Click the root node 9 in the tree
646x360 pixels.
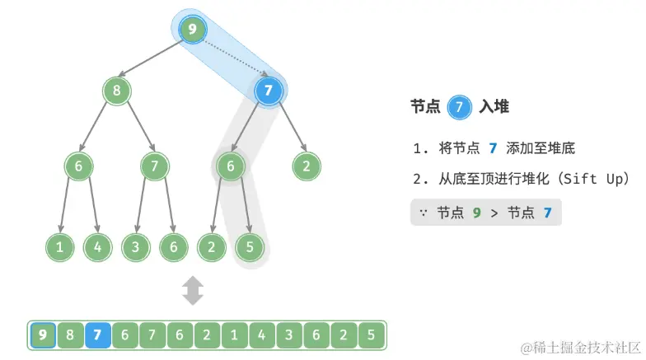(x=193, y=30)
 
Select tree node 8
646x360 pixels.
(x=117, y=90)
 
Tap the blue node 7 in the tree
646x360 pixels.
(x=269, y=90)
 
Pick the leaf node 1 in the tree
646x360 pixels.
(x=59, y=245)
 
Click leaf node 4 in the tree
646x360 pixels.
(x=97, y=245)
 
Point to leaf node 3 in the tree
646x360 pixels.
(x=135, y=245)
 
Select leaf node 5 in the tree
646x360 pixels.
(x=249, y=245)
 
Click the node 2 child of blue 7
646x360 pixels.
(x=307, y=166)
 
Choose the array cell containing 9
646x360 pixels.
(x=43, y=336)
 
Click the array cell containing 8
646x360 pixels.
(x=71, y=336)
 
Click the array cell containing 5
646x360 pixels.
(x=371, y=336)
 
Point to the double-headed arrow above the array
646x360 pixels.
(x=193, y=291)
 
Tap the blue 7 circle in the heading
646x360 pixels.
(x=459, y=107)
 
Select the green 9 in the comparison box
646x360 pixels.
(x=475, y=213)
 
